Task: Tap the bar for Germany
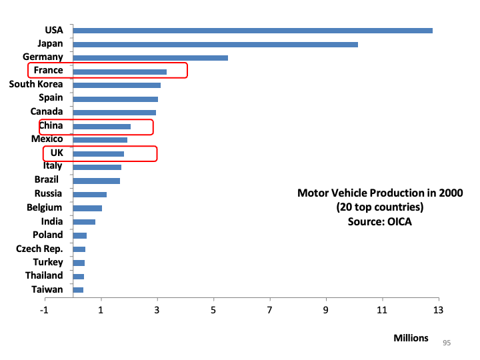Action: tap(150, 58)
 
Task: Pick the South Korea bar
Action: tap(117, 85)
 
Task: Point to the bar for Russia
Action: tap(89, 195)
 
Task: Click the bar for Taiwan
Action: tap(78, 290)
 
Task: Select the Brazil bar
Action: tap(96, 181)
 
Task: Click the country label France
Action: tap(48, 71)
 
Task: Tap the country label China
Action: tap(51, 125)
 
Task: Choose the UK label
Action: tap(57, 153)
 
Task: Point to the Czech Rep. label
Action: tap(39, 249)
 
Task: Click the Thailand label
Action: tap(44, 276)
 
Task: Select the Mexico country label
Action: tap(47, 139)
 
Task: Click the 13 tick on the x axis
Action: tap(438, 310)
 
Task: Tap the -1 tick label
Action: tap(45, 310)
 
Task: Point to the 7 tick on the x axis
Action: tap(270, 310)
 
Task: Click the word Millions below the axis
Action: tap(411, 338)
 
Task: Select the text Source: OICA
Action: tap(379, 221)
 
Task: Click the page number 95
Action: tap(447, 343)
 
